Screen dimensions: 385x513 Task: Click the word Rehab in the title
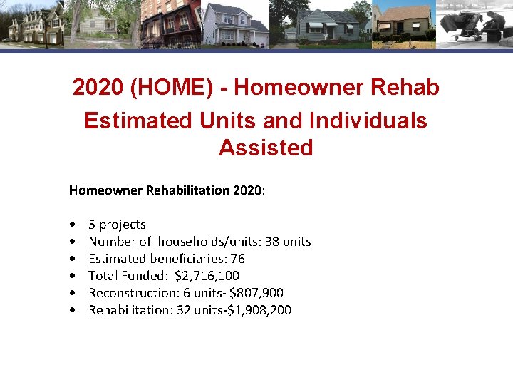pyautogui.click(x=408, y=88)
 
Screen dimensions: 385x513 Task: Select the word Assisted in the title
pyautogui.click(x=266, y=148)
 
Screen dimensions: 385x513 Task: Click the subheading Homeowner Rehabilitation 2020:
pyautogui.click(x=167, y=190)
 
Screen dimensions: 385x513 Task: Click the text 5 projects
pyautogui.click(x=117, y=225)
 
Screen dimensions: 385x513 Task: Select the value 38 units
pyautogui.click(x=288, y=242)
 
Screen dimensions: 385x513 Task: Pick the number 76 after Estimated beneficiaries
pyautogui.click(x=238, y=259)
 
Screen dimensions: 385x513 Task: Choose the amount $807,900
pyautogui.click(x=264, y=293)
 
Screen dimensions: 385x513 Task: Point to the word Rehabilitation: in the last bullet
pyautogui.click(x=125, y=310)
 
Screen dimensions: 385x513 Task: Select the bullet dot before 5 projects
pyautogui.click(x=74, y=225)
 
